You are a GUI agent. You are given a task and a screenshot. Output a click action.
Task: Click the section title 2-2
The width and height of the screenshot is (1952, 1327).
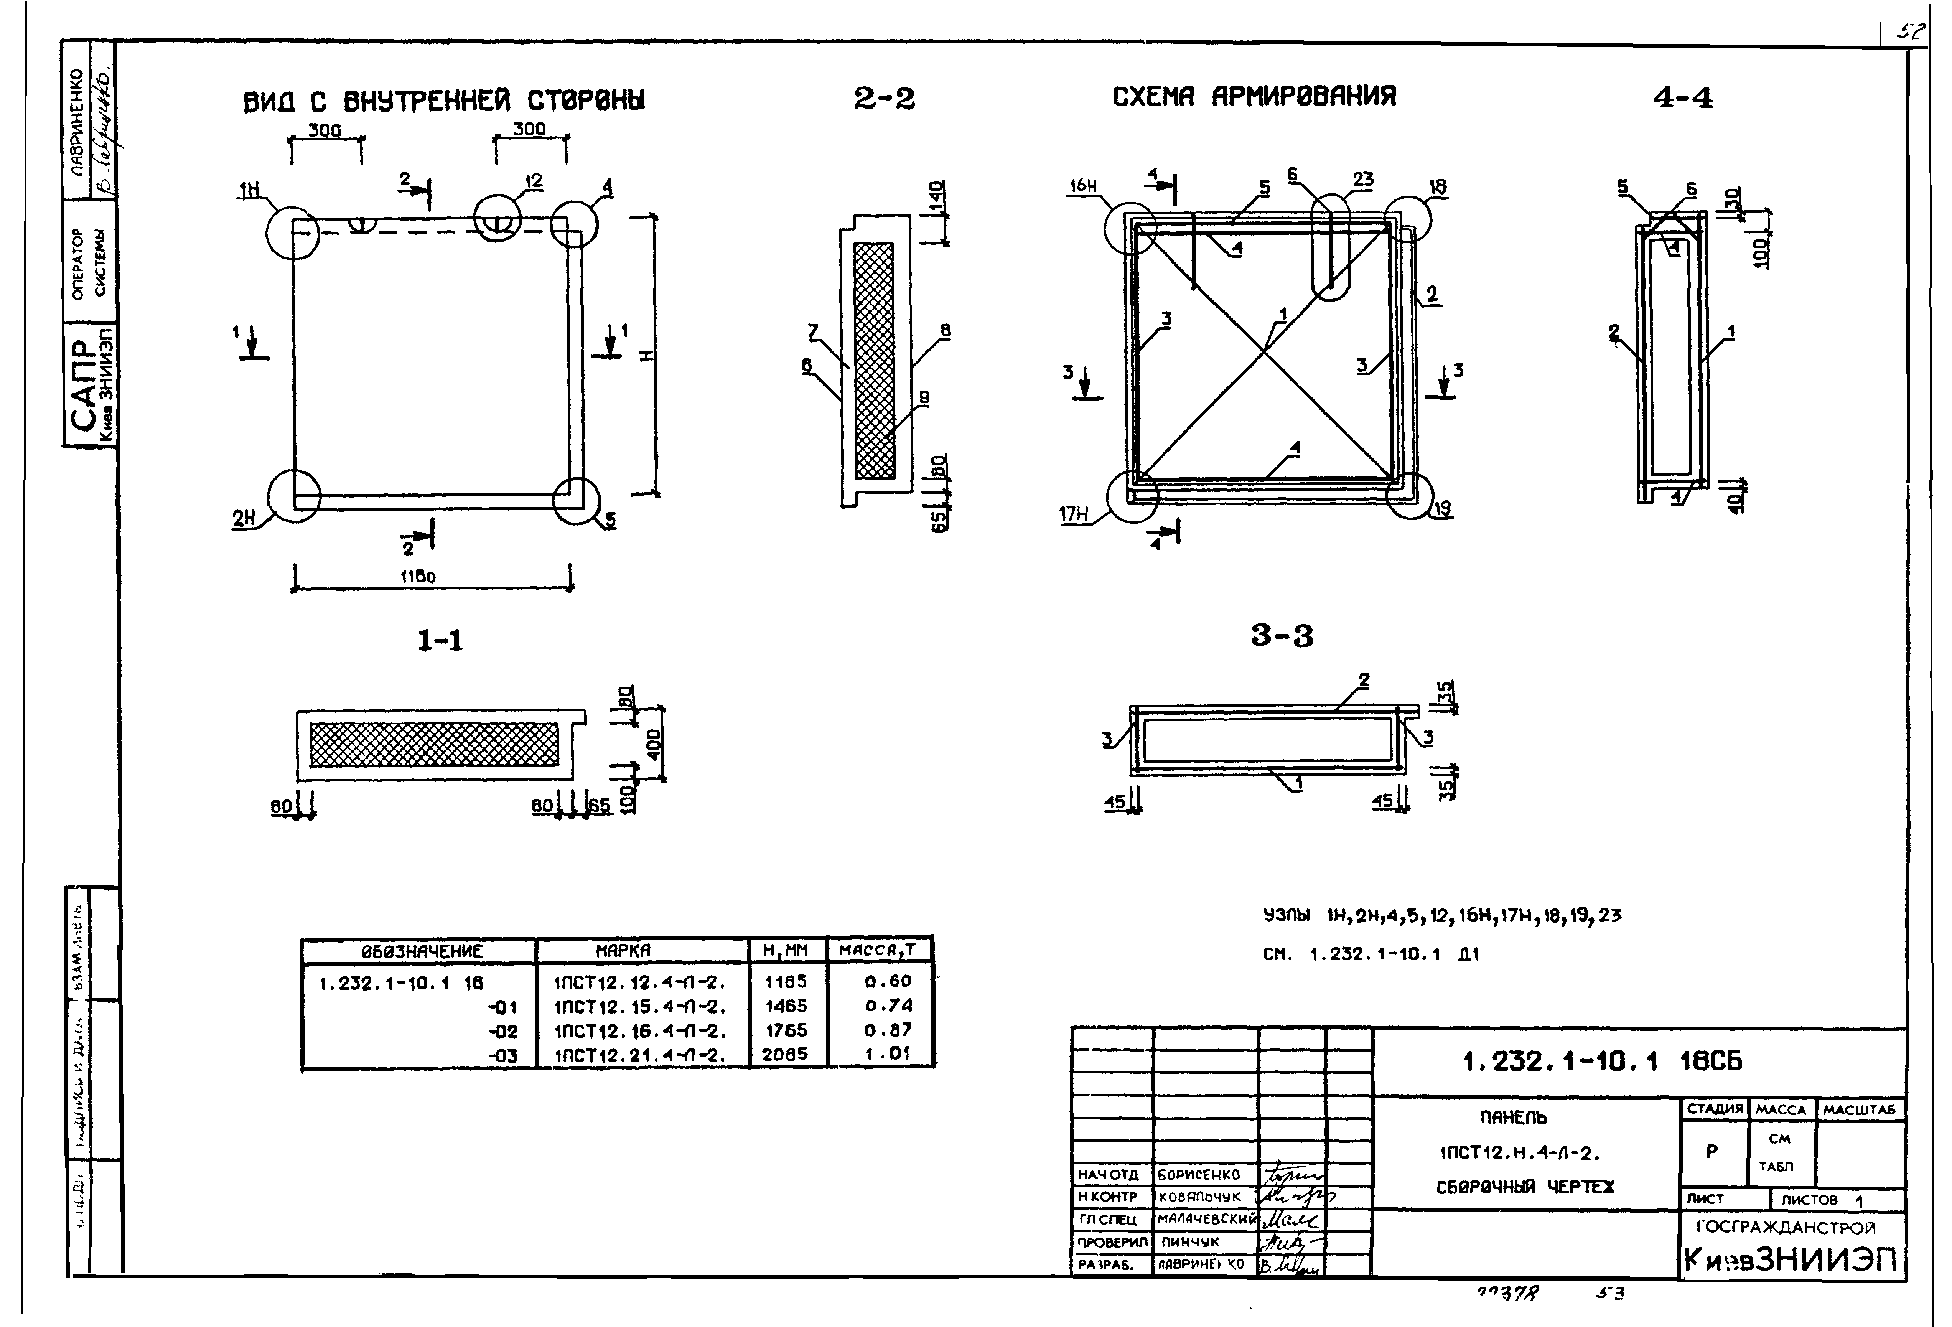click(x=884, y=99)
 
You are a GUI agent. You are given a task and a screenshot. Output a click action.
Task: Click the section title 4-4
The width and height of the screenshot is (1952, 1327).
click(x=1682, y=98)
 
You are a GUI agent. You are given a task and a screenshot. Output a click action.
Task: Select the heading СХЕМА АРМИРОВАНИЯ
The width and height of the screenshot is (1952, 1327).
click(x=1254, y=97)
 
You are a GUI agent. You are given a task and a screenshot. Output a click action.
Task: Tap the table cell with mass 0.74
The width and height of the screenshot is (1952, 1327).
click(x=888, y=1006)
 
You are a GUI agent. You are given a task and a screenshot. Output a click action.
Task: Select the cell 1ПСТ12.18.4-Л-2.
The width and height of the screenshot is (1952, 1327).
click(x=639, y=1030)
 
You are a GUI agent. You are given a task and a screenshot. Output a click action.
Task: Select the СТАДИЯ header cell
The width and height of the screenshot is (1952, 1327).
click(x=1714, y=1109)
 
